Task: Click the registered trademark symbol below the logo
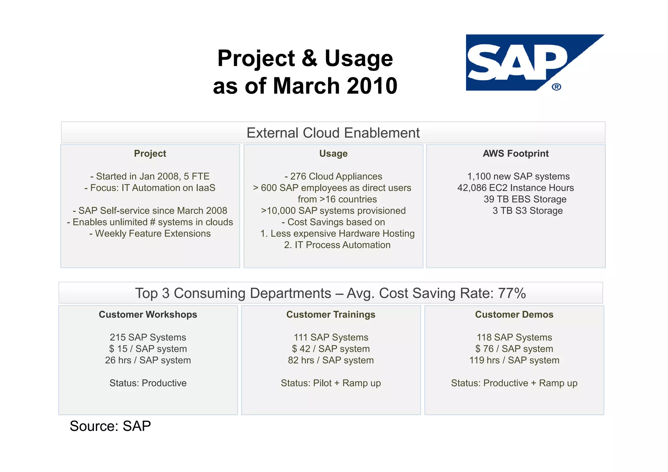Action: pyautogui.click(x=556, y=87)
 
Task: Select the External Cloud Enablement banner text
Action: pyautogui.click(x=333, y=133)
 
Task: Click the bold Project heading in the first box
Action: pyautogui.click(x=150, y=154)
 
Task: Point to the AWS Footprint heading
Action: pyautogui.click(x=516, y=154)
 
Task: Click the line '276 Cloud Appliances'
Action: pyautogui.click(x=333, y=176)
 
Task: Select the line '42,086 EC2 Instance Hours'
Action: pyautogui.click(x=515, y=188)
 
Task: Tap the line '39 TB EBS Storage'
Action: pyautogui.click(x=525, y=199)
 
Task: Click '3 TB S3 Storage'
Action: pyautogui.click(x=527, y=211)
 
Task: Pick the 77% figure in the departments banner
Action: pyautogui.click(x=512, y=293)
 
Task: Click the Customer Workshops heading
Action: pyautogui.click(x=148, y=314)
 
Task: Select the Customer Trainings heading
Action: pyautogui.click(x=331, y=314)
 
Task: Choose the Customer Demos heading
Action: pyautogui.click(x=514, y=314)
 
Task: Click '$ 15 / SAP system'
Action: pyautogui.click(x=148, y=349)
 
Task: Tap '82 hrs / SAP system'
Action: pyautogui.click(x=331, y=360)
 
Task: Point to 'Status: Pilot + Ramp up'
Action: pyautogui.click(x=331, y=383)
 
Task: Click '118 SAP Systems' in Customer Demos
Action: pyautogui.click(x=514, y=337)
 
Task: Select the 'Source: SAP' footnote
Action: pyautogui.click(x=110, y=426)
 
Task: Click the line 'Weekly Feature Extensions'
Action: pyautogui.click(x=150, y=234)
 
